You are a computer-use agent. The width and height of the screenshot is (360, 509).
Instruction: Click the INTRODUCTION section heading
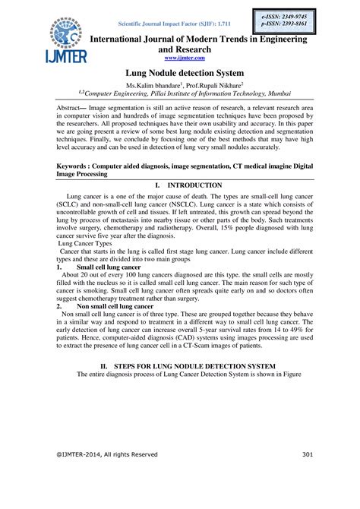point(194,185)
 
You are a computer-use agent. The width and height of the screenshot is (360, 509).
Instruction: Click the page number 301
point(308,455)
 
